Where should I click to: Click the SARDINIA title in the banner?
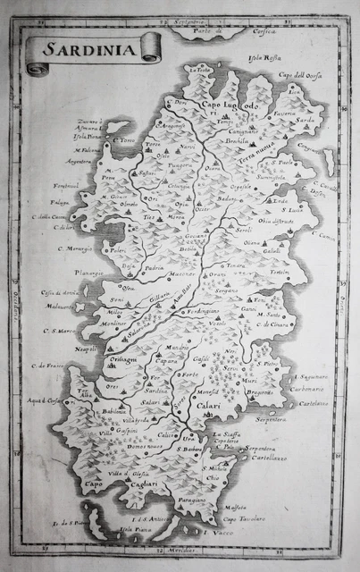89,51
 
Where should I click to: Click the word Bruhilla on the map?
236,141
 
